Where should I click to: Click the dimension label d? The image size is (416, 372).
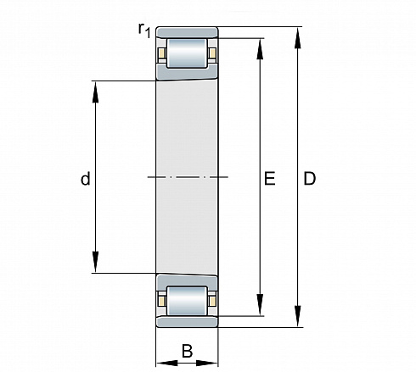tap(86, 179)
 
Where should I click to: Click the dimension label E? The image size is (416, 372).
tap(270, 178)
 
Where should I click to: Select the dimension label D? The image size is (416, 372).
tap(309, 178)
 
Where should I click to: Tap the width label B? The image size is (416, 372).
tap(187, 351)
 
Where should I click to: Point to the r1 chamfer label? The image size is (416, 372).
tap(144, 30)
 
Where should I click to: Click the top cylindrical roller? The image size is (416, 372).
tap(187, 53)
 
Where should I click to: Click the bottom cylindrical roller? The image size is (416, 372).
tap(187, 301)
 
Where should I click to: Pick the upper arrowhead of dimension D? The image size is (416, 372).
tap(297, 38)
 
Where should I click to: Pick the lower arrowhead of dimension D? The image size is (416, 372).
tap(297, 316)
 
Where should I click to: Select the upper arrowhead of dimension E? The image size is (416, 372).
tap(260, 49)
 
